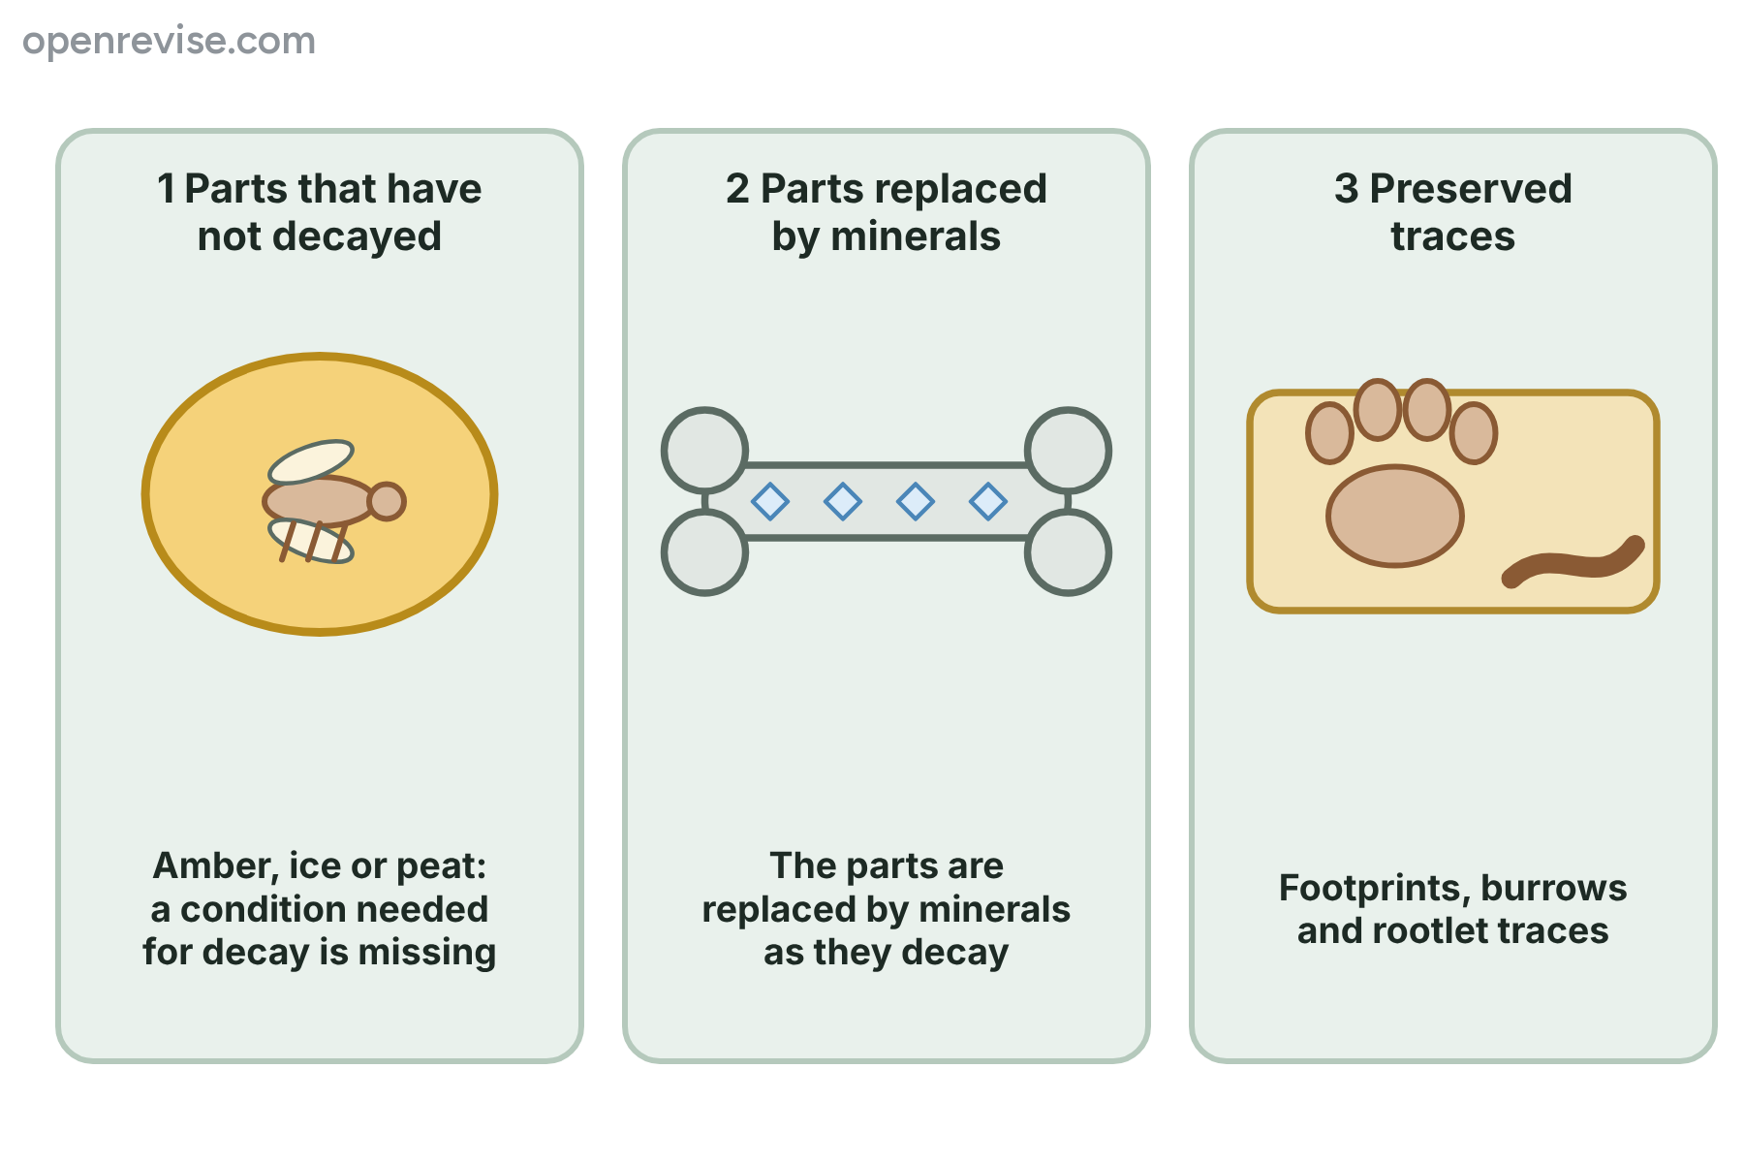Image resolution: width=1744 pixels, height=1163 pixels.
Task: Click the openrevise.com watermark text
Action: tap(170, 42)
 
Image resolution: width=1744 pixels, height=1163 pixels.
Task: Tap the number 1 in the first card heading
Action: tap(167, 188)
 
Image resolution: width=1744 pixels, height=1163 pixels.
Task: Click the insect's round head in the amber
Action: tap(387, 501)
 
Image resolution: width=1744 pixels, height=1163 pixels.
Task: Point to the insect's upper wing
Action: tap(311, 462)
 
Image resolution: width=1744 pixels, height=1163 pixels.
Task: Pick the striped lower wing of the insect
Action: tap(311, 541)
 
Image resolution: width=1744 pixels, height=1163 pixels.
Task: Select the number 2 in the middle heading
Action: tap(737, 188)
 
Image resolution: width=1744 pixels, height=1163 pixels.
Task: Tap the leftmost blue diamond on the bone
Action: tap(770, 501)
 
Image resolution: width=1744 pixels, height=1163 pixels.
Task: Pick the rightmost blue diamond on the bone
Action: tap(988, 501)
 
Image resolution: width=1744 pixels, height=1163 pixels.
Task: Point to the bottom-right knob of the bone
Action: tap(1068, 552)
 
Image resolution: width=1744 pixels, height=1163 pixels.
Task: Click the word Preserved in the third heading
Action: tap(1471, 188)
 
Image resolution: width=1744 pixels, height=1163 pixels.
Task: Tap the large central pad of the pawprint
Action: tap(1395, 516)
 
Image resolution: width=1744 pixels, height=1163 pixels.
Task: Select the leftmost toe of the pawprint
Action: tap(1329, 432)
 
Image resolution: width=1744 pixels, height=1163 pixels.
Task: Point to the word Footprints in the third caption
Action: tap(1374, 889)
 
